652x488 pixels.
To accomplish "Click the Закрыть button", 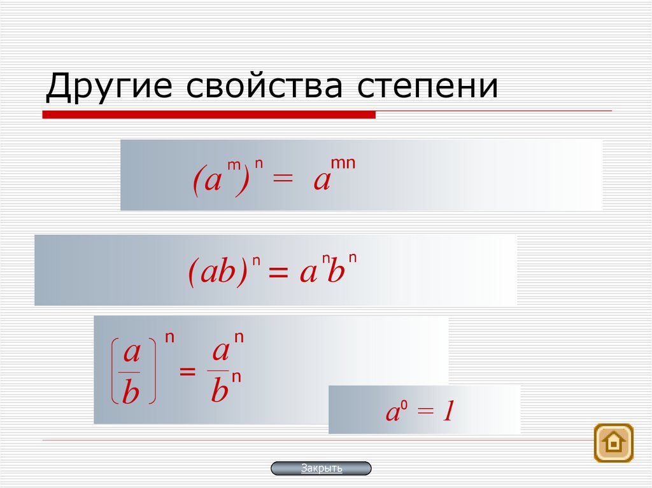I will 321,469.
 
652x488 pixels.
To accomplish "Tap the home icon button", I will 613,442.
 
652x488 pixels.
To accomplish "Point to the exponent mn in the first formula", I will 343,164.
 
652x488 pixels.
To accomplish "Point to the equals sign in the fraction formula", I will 187,372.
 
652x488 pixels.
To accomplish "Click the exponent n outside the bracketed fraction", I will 169,338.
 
